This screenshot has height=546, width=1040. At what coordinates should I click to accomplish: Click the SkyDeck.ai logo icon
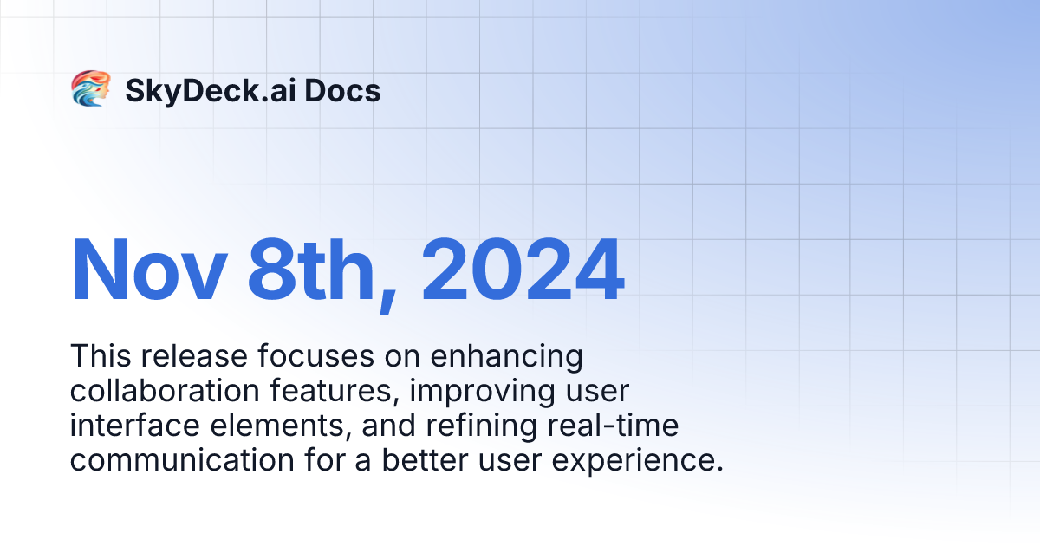click(x=90, y=89)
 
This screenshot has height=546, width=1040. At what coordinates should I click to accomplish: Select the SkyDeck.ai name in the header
click(x=206, y=90)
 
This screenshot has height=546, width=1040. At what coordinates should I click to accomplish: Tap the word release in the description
click(x=185, y=356)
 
